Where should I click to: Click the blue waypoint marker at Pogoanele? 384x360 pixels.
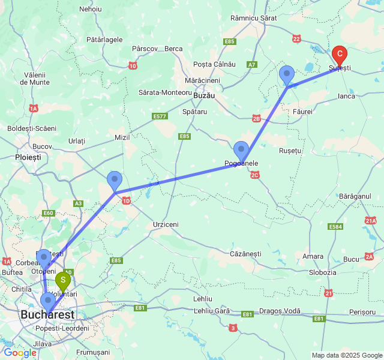[x=241, y=151]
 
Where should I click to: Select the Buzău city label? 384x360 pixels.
[x=205, y=95]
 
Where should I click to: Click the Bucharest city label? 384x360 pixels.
[x=47, y=315]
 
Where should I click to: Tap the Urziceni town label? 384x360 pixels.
[x=166, y=224]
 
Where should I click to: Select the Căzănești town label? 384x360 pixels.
[x=246, y=254]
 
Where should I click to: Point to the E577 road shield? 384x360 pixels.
[x=160, y=116]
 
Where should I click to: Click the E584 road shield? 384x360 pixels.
[x=335, y=227]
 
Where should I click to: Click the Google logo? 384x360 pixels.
[x=20, y=353]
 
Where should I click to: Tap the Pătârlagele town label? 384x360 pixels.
[x=104, y=40]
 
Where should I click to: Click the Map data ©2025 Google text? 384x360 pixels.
[x=346, y=355]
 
